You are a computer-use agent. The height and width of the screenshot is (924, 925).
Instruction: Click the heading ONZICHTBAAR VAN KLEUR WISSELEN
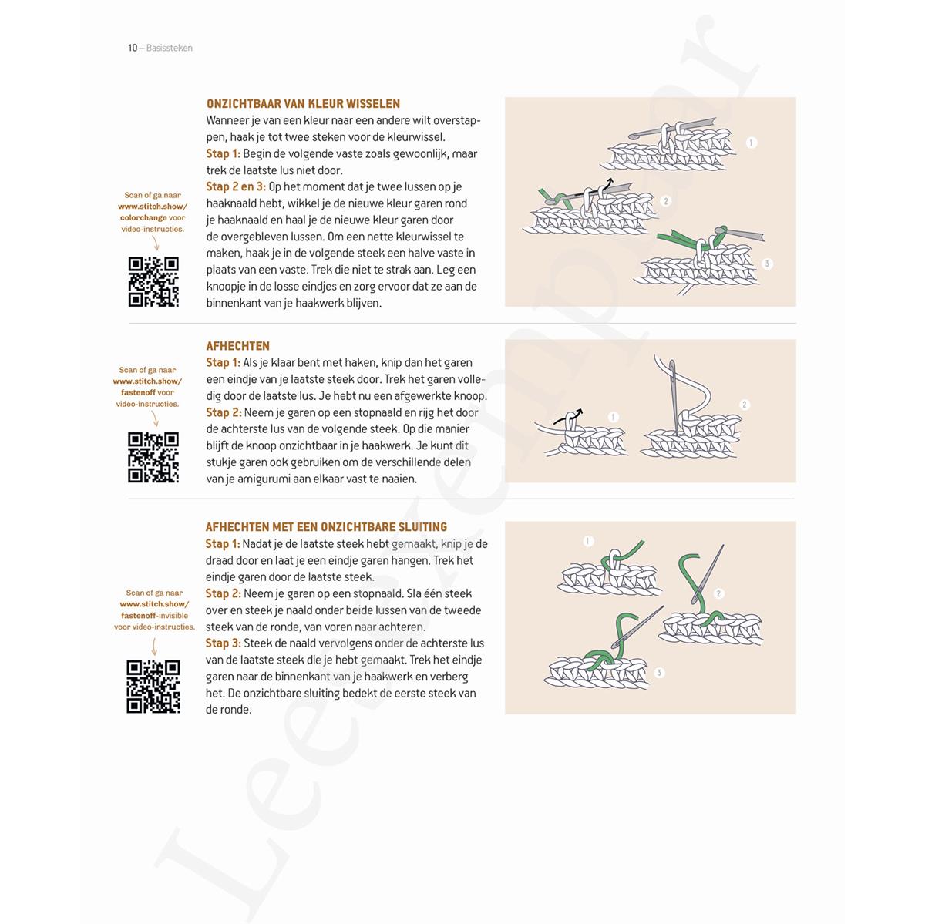[x=303, y=103]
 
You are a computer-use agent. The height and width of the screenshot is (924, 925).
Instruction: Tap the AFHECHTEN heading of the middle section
[x=237, y=346]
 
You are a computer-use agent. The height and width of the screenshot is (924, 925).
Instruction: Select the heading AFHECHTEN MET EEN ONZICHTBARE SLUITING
[x=326, y=527]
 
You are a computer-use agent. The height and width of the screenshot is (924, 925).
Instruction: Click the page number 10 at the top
[x=133, y=48]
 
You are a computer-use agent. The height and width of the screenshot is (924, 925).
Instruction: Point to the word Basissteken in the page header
[x=169, y=48]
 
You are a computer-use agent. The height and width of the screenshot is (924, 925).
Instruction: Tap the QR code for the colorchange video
[x=153, y=282]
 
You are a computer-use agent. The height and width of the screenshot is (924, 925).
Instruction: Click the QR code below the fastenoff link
[x=153, y=457]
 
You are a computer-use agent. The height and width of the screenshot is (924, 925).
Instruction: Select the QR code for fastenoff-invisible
[x=153, y=686]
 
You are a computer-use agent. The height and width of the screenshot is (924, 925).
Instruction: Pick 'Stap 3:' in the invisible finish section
[x=223, y=643]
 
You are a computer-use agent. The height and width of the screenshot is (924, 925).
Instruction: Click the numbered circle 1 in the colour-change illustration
[x=752, y=143]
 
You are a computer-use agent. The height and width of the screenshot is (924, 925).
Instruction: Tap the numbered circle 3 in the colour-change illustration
[x=766, y=264]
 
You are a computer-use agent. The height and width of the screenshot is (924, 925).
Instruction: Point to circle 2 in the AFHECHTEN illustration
[x=744, y=405]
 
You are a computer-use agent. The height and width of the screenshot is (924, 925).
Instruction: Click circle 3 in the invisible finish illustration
[x=658, y=673]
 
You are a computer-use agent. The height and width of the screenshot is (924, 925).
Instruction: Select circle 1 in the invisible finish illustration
[x=588, y=541]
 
